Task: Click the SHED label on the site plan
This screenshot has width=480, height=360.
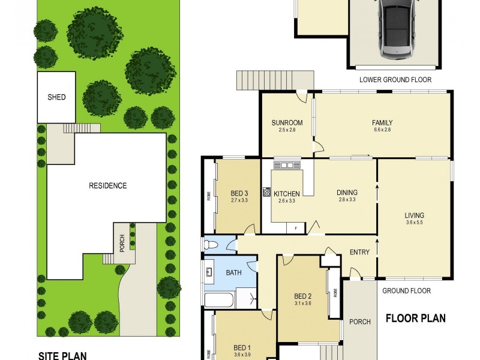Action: (x=56, y=97)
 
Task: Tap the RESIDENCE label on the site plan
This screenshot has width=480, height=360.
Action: (x=108, y=185)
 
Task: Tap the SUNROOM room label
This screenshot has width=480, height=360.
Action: (x=287, y=123)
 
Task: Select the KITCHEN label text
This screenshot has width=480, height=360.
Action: (x=286, y=194)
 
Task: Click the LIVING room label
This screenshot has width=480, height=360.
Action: (x=414, y=215)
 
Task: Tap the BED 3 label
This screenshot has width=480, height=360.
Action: (x=239, y=193)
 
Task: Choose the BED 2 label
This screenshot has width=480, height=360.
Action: (x=303, y=296)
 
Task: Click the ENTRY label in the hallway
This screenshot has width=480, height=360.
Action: (x=359, y=253)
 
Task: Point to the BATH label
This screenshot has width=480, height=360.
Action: (x=233, y=273)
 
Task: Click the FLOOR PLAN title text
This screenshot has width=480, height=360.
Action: (x=415, y=318)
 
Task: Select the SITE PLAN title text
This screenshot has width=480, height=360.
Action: (x=62, y=355)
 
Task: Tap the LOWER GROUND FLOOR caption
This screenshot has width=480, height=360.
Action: (x=395, y=80)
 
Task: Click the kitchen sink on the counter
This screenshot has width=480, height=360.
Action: (x=286, y=165)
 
